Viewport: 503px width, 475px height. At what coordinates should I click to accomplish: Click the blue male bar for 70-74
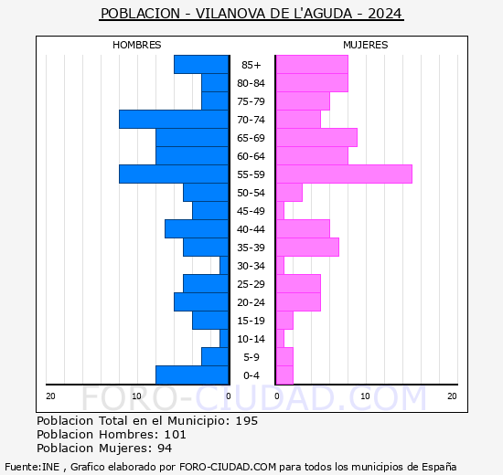(x=174, y=120)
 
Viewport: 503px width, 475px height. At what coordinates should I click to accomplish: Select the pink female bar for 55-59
(x=344, y=174)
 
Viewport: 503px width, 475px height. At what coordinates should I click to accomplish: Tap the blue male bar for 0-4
(x=192, y=375)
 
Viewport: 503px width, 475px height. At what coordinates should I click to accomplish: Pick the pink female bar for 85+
(x=312, y=65)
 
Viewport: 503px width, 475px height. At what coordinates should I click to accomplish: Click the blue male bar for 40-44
(x=197, y=229)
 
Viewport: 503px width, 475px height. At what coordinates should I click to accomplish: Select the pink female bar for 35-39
(x=307, y=248)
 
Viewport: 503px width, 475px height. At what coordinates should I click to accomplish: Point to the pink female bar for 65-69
(x=316, y=138)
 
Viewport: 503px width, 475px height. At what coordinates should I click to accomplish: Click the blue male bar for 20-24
(x=201, y=302)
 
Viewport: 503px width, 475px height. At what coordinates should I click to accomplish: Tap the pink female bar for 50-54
(x=289, y=193)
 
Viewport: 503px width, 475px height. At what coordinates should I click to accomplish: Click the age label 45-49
(x=251, y=211)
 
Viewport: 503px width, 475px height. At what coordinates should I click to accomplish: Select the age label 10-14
(x=251, y=339)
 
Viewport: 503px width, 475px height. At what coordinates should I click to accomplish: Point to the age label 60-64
(x=251, y=156)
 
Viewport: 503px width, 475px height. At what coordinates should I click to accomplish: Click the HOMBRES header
(x=136, y=45)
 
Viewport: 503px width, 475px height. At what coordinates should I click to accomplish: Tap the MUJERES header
(x=365, y=45)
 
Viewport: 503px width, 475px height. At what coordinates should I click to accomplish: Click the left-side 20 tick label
(x=50, y=396)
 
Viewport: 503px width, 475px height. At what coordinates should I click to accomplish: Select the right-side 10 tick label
(x=365, y=396)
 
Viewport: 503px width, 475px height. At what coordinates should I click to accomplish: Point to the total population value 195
(x=246, y=421)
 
